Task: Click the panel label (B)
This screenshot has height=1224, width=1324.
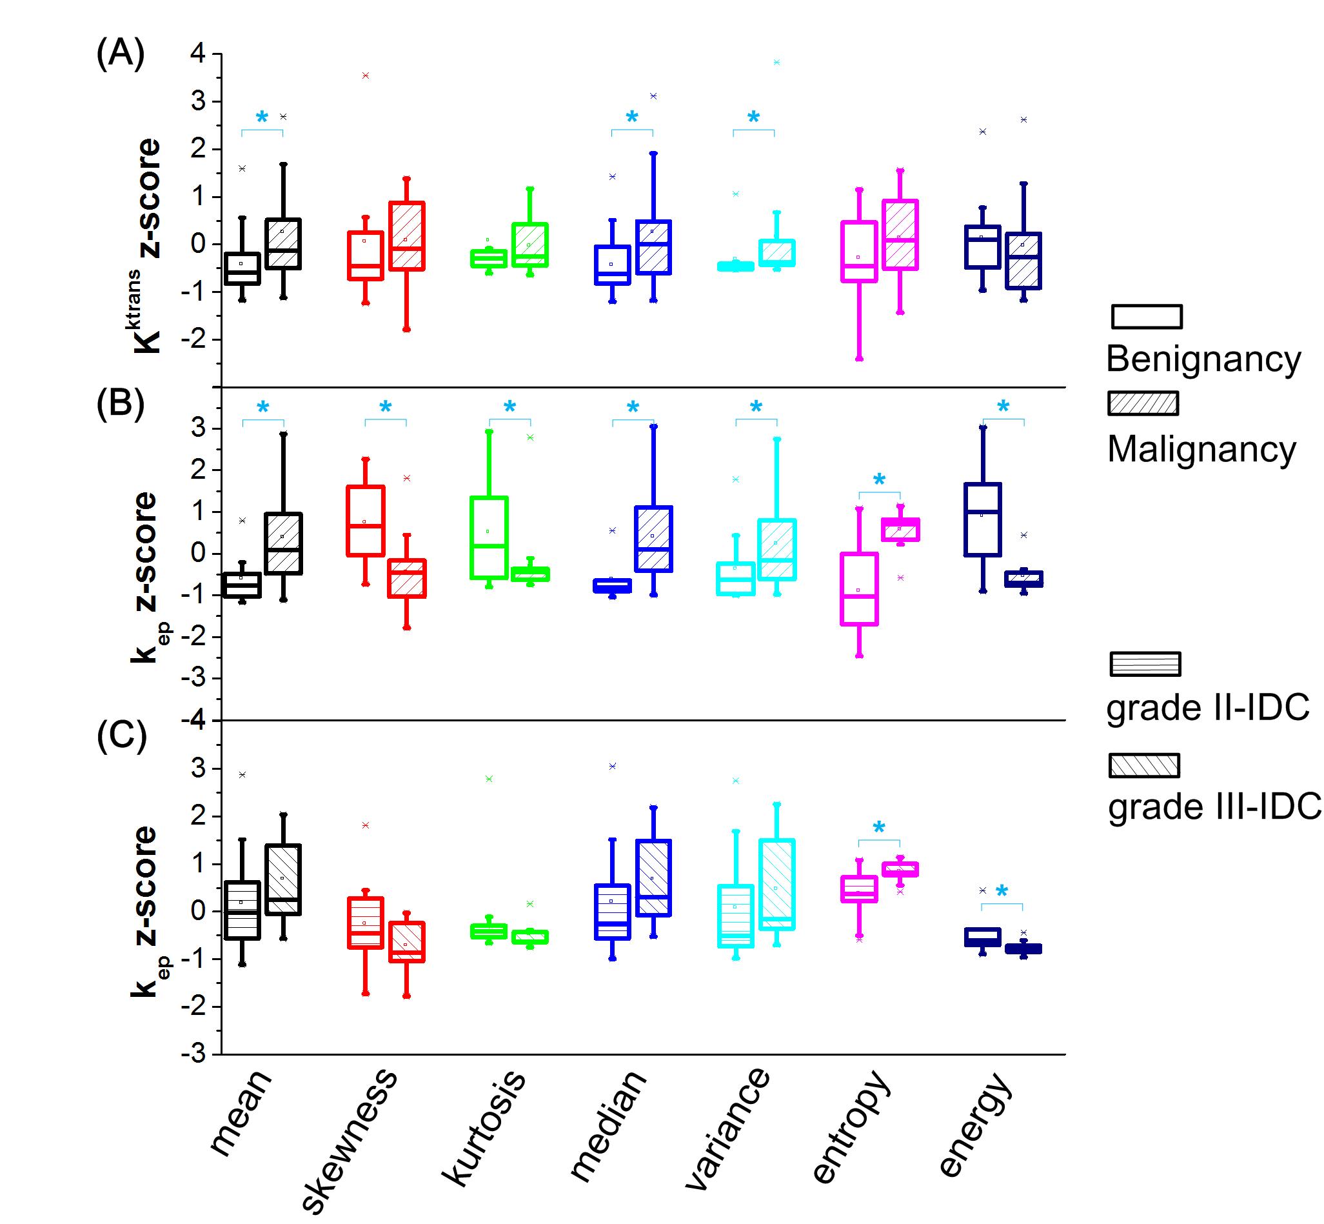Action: click(x=121, y=403)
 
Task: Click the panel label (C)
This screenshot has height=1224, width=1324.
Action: click(x=121, y=736)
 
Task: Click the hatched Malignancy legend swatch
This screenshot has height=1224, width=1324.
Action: click(x=1143, y=403)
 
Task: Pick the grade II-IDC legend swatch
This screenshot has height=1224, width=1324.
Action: click(x=1145, y=664)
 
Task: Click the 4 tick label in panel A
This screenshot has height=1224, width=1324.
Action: click(x=198, y=54)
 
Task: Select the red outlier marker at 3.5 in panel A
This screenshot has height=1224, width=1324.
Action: click(x=366, y=75)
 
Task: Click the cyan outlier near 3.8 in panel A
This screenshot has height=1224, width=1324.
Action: click(x=776, y=62)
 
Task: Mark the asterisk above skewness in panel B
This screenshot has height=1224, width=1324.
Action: click(x=385, y=407)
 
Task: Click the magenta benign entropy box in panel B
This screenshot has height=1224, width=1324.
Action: click(x=858, y=589)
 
